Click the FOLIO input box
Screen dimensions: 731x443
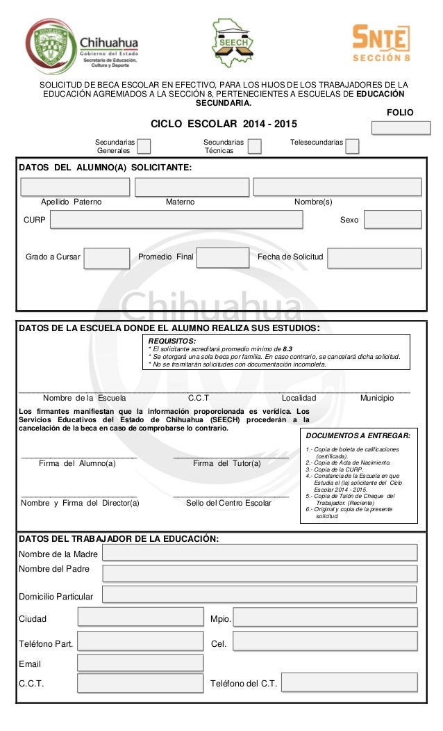401,127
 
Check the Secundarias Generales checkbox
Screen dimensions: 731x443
144,145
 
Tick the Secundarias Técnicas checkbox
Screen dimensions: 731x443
255,145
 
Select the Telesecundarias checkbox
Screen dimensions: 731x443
352,145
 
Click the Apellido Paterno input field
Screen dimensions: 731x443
75,187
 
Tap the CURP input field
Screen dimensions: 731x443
176,220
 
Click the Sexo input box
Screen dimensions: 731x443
392,220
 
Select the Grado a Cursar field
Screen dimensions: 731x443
106,257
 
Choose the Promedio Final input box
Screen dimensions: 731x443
222,257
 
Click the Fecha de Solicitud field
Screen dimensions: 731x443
374,257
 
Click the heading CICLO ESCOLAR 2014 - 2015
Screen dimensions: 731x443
224,124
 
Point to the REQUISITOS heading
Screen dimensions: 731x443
172,341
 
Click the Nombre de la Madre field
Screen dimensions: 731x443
260,552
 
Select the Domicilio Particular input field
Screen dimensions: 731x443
259,594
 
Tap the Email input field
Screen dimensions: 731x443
140,663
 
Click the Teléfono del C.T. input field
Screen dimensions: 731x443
349,682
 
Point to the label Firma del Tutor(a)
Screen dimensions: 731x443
227,463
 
